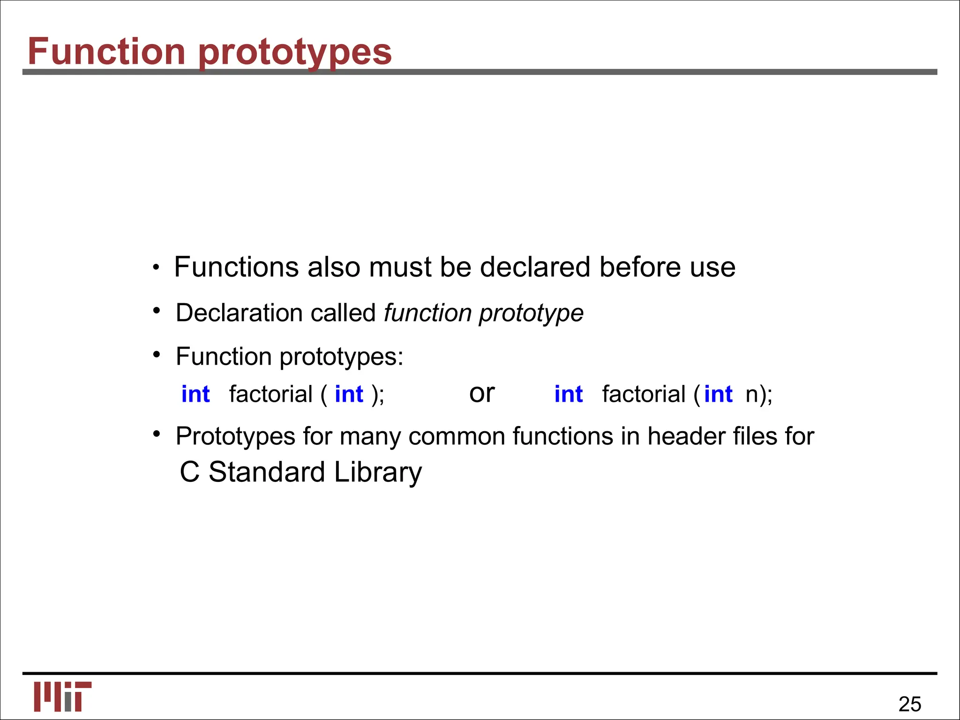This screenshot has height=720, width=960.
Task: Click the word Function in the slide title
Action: pyautogui.click(x=106, y=52)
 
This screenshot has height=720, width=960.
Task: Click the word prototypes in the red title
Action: pyautogui.click(x=295, y=52)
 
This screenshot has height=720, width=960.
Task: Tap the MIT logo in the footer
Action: pyautogui.click(x=62, y=696)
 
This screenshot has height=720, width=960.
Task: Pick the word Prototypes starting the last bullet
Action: pyautogui.click(x=235, y=436)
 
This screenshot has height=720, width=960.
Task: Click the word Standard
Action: pyautogui.click(x=267, y=472)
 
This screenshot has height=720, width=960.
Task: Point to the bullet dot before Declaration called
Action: pyautogui.click(x=157, y=310)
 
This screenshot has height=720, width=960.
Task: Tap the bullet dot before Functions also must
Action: pyautogui.click(x=156, y=268)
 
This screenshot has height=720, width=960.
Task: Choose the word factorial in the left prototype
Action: pyautogui.click(x=270, y=394)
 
